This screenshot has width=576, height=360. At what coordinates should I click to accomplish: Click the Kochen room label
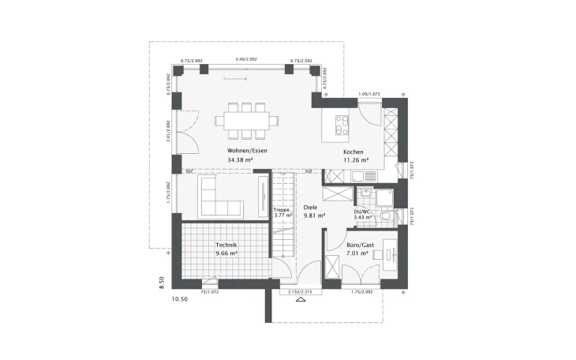[x=352, y=152]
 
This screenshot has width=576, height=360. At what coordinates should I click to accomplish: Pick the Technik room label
[x=226, y=246]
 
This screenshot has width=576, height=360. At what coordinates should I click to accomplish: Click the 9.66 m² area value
[x=226, y=254]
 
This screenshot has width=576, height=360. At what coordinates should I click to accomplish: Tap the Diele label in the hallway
[x=311, y=207]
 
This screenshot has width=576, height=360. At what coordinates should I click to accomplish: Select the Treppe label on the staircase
[x=282, y=209]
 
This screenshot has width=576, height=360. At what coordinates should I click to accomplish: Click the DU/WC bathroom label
[x=362, y=212]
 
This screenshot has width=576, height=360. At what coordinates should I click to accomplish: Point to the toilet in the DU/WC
[x=385, y=216]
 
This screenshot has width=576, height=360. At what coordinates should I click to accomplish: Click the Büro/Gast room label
[x=360, y=246]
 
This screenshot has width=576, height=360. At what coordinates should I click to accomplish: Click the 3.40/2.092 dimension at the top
[x=246, y=59]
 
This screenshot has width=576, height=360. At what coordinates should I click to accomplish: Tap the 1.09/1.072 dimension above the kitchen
[x=368, y=94]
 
